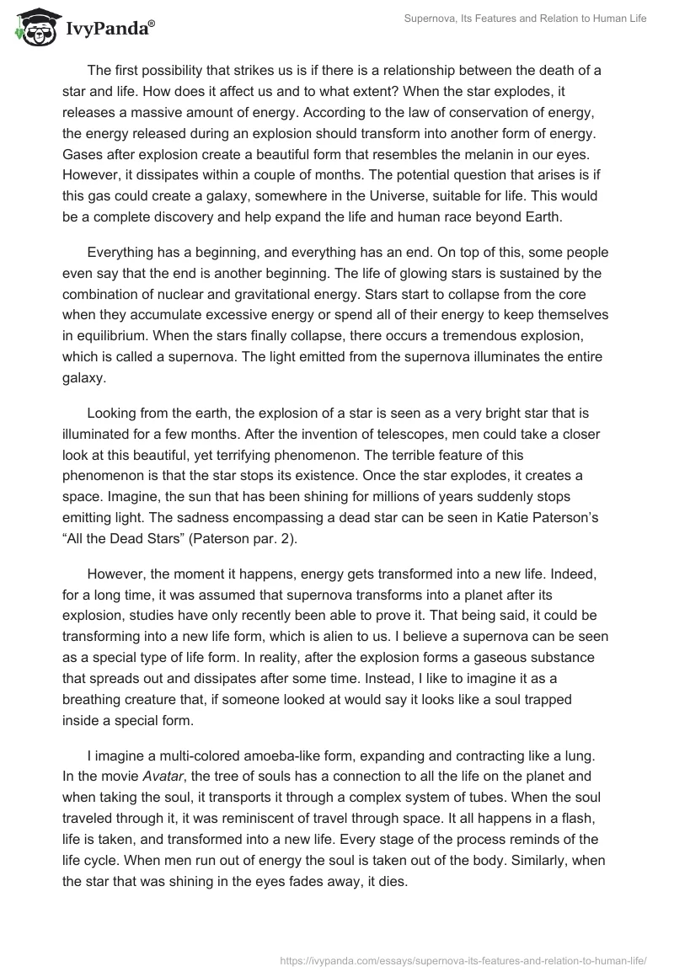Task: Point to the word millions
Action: (x=423, y=521)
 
